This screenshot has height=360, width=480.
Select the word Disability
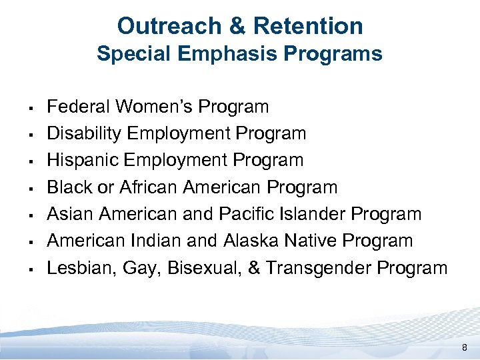[x=84, y=133]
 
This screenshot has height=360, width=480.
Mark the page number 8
[x=464, y=347]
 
